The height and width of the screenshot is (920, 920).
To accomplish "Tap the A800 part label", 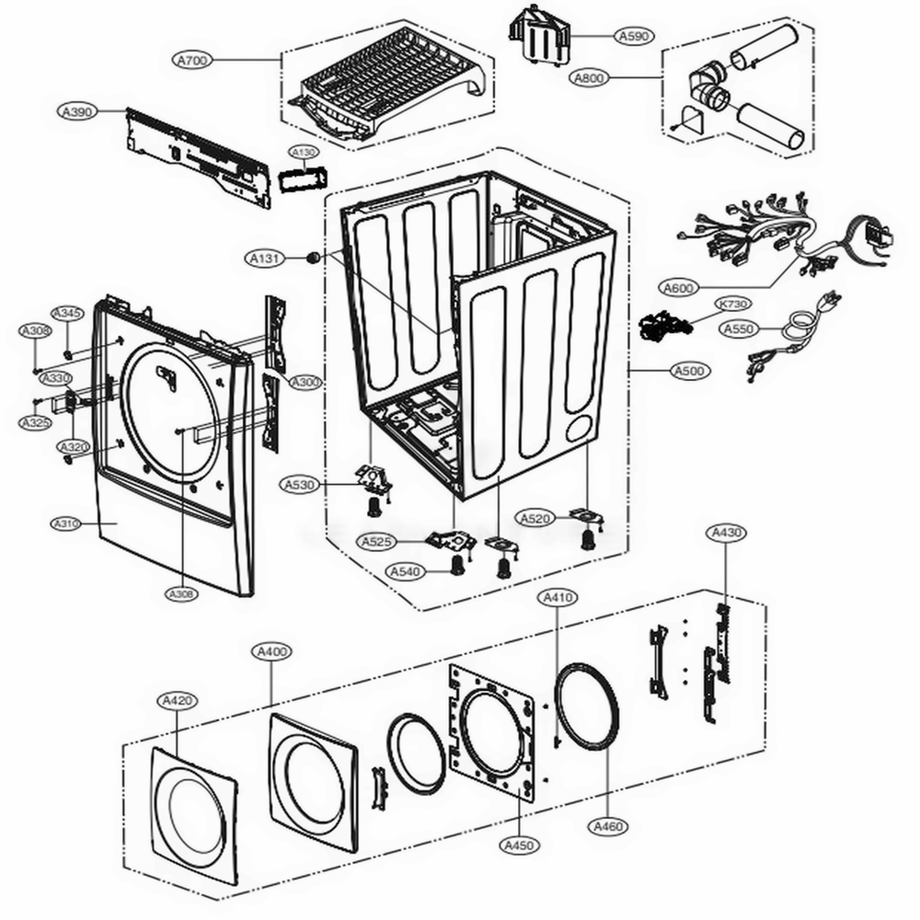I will pos(589,78).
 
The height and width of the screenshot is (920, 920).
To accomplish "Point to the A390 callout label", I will pos(77,111).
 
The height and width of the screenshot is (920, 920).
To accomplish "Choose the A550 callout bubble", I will pos(739,328).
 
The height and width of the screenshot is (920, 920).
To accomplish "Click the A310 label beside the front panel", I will pos(67,523).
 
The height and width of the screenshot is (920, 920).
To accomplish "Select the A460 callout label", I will pos(608,826).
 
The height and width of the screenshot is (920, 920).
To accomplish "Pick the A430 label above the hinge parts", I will pos(725,533).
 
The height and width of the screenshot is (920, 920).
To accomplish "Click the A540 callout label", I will pos(405,572).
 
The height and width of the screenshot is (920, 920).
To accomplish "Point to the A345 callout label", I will pos(66,314).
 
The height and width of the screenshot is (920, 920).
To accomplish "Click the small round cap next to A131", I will pos(314,258).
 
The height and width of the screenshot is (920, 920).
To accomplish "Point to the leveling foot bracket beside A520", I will pos(585,519).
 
